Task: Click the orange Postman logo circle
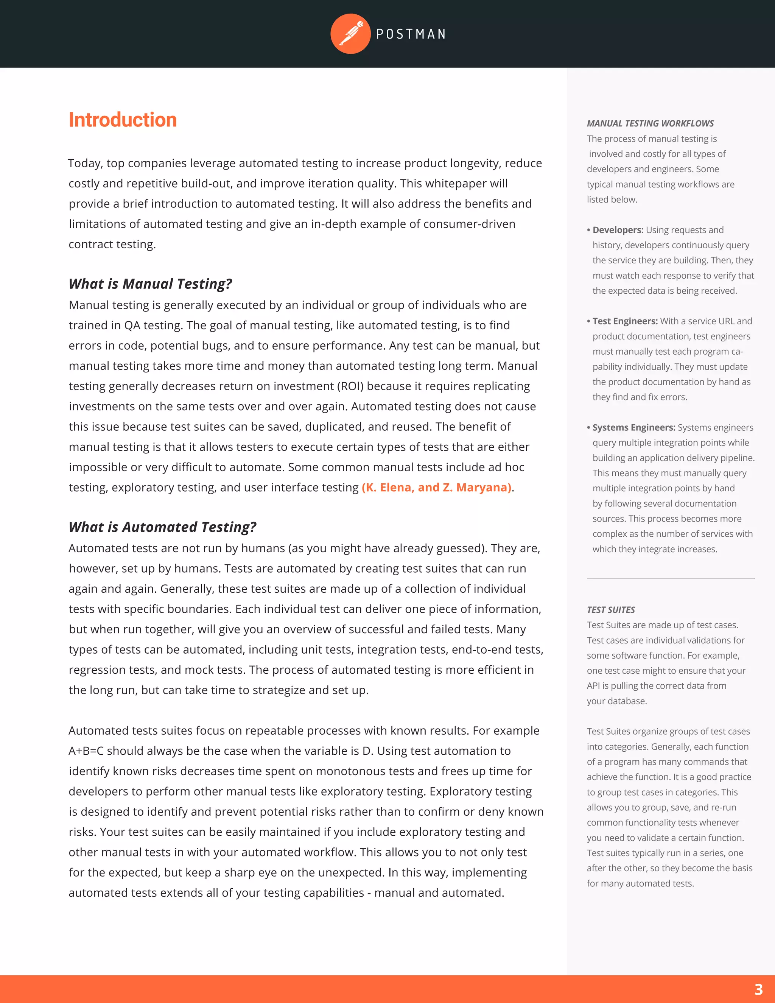coord(350,34)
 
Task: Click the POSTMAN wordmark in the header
coord(411,34)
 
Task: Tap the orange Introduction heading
coord(123,120)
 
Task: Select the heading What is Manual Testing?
coord(150,284)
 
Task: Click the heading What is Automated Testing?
coord(162,527)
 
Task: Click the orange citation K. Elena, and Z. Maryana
coord(437,487)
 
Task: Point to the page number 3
coord(758,989)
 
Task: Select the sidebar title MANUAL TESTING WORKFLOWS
coord(650,123)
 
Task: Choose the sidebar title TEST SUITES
coord(611,610)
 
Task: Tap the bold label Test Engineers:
coord(625,321)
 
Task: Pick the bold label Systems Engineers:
coord(633,428)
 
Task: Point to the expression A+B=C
coord(86,751)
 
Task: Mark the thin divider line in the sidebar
coord(670,579)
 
